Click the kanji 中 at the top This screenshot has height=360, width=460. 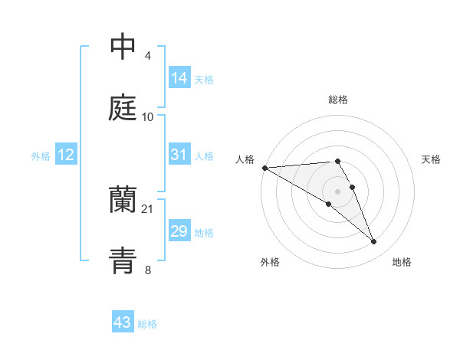[123, 47]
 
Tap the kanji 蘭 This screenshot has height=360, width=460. [123, 200]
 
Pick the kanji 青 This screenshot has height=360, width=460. [123, 260]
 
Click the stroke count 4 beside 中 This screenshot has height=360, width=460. [148, 56]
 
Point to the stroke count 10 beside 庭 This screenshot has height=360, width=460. [148, 116]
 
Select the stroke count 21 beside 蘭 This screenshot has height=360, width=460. [148, 209]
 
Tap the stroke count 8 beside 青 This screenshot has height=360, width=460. [148, 269]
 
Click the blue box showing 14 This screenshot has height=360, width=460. [179, 77]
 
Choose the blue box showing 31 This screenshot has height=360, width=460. [179, 154]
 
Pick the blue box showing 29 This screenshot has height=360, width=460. [179, 231]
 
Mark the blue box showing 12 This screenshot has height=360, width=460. [66, 155]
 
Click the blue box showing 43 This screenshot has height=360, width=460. [123, 322]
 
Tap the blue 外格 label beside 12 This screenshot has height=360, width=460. [41, 155]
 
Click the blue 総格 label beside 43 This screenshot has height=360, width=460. [147, 323]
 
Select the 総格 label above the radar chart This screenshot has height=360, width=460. [338, 100]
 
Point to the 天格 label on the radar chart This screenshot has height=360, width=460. [431, 159]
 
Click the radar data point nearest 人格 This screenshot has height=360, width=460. [264, 168]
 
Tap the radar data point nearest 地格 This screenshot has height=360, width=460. [374, 242]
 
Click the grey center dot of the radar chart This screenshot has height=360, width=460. [338, 191]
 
